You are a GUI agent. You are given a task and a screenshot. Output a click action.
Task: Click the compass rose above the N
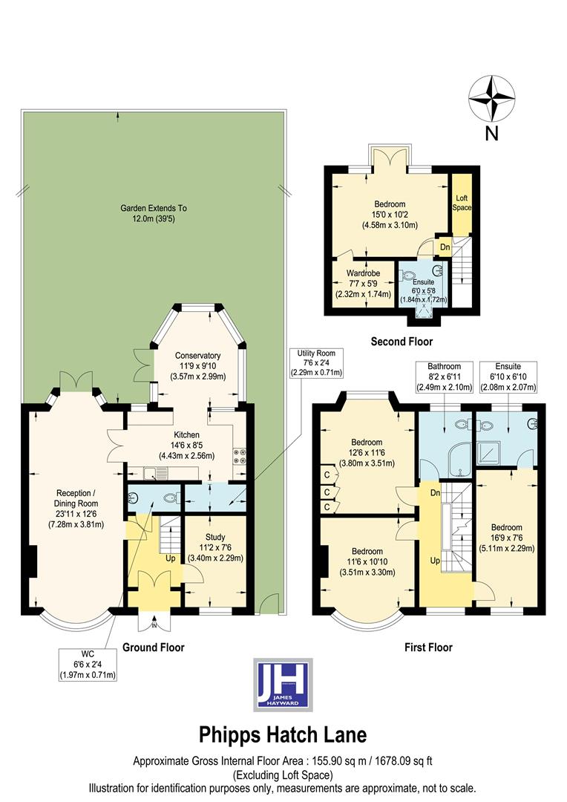tap(491, 99)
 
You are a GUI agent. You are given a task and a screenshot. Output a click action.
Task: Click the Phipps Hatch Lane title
tap(283, 735)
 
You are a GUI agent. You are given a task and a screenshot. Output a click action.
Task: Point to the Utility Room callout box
tap(317, 362)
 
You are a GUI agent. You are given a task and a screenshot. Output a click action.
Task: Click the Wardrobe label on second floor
tap(364, 283)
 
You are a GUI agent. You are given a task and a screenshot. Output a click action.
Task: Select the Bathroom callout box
tap(444, 377)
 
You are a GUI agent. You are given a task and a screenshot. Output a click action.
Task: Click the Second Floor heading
tap(402, 342)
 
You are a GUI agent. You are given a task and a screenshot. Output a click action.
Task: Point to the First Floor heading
tap(428, 647)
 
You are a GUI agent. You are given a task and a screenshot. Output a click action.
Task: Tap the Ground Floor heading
tap(153, 647)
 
